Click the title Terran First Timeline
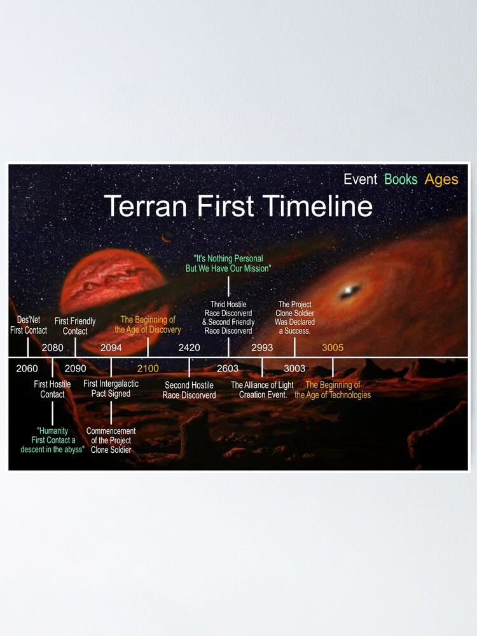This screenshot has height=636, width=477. point(238,207)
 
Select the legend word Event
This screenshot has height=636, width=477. point(360,179)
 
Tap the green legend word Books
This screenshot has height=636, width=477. point(401,179)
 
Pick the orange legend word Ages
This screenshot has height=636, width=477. point(441,179)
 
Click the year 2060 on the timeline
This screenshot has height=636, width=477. point(27,368)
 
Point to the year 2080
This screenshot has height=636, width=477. point(52,347)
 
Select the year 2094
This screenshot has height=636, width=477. point(111,347)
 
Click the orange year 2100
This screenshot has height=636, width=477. point(148,368)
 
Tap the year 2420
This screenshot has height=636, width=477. point(189,347)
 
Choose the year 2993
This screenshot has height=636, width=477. point(262,347)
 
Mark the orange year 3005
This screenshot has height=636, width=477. point(333,347)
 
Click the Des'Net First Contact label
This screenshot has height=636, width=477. point(28,326)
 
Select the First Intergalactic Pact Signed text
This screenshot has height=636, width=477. point(111,389)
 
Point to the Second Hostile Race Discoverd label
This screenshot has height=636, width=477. point(189,390)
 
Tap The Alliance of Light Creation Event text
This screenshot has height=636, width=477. point(262,390)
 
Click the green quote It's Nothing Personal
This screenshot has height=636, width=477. point(228,264)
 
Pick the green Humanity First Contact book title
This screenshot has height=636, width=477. point(52,440)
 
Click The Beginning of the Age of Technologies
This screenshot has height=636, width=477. point(333,390)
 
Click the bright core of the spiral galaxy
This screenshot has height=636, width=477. point(348,292)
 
